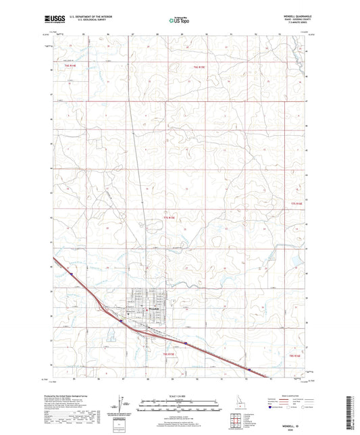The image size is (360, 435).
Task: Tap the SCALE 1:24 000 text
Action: tap(180, 396)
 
